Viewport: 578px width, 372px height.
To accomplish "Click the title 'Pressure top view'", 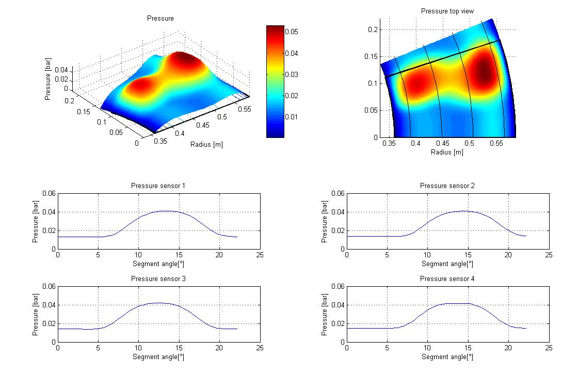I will pyautogui.click(x=447, y=11).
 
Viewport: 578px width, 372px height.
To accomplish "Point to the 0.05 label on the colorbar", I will pyautogui.click(x=292, y=32).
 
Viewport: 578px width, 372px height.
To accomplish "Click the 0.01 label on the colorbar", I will pyautogui.click(x=292, y=117).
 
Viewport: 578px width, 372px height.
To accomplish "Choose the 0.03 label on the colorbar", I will pyautogui.click(x=292, y=74).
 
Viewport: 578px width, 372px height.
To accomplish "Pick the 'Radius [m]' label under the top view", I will pyautogui.click(x=447, y=152).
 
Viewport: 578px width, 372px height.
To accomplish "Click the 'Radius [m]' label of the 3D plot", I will pyautogui.click(x=206, y=144).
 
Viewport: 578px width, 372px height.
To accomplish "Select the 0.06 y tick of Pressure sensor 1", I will pyautogui.click(x=49, y=193).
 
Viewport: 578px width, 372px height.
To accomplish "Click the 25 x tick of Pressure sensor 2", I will pyautogui.click(x=549, y=255).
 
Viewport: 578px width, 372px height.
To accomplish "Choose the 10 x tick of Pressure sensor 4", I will pyautogui.click(x=427, y=348).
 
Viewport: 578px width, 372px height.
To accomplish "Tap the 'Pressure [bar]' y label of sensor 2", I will pyautogui.click(x=325, y=222).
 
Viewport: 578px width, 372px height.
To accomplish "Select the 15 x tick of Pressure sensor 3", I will pyautogui.click(x=179, y=348).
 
